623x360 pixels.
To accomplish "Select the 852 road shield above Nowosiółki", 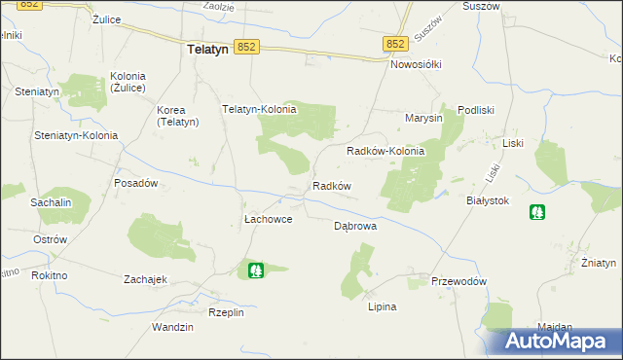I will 394,45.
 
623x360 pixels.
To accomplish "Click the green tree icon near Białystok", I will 536,212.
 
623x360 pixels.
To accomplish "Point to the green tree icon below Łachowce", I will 256,270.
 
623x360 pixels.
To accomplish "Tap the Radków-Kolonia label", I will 386,152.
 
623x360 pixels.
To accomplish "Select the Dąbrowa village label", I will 355,225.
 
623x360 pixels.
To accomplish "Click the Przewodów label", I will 458,281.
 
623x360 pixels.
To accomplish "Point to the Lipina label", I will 382,306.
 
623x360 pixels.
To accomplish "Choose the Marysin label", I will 424,119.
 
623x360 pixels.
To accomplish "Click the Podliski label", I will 477,110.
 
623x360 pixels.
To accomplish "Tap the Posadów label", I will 136,183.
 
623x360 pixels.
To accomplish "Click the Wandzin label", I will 172,327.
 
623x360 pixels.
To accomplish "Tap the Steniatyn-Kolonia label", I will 76,135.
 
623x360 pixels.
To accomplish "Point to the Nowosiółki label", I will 416,64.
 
